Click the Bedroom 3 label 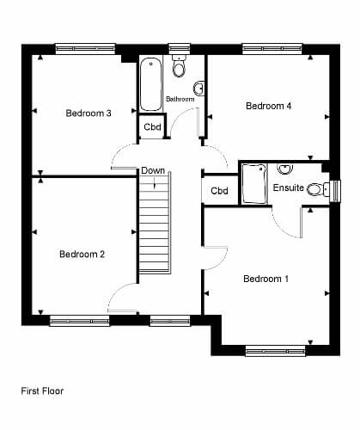coord(88,114)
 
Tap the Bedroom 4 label coord(269,106)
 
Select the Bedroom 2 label coord(82,254)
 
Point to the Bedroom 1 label coord(265,279)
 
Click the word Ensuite coord(289,187)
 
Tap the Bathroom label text coord(180,99)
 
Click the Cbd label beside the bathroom coord(152,126)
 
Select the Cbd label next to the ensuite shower coord(219,191)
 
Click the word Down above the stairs coord(153,170)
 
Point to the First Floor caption coord(42,391)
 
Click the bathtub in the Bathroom coord(151,84)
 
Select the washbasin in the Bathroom coord(199,89)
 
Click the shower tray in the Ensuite coord(254,184)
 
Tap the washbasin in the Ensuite coord(285,169)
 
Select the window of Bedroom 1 coord(276,351)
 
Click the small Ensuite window coord(335,192)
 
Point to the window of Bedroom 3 coord(85,49)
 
